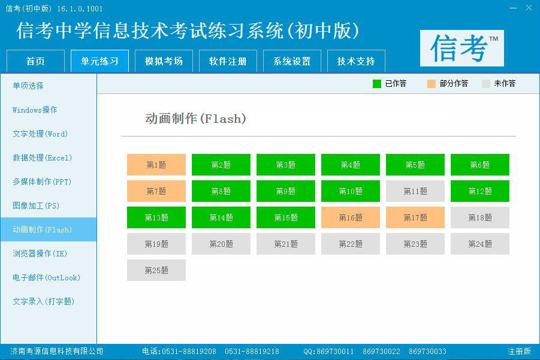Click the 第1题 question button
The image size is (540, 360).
[156, 165]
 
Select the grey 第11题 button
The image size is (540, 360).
[415, 191]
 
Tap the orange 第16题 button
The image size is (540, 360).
[351, 217]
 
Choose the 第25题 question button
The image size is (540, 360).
[156, 270]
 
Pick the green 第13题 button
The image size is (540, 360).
[156, 217]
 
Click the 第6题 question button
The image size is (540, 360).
[480, 165]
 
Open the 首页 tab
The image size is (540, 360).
[35, 61]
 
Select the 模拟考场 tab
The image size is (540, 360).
[164, 61]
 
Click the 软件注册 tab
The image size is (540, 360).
[228, 61]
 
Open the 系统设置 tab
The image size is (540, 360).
[292, 61]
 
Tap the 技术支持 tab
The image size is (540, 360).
[356, 61]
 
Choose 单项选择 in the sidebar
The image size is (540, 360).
[28, 86]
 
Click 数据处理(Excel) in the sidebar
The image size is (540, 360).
[42, 158]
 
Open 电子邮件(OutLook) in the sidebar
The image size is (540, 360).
[46, 277]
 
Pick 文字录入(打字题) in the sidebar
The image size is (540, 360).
[44, 301]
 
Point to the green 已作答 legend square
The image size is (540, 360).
[377, 84]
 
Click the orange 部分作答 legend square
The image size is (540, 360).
[432, 84]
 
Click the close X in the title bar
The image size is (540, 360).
[528, 8]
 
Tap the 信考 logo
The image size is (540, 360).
[462, 48]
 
